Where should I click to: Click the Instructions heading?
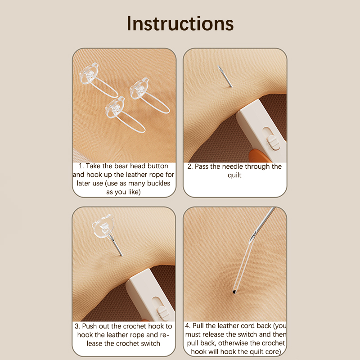pyautogui.click(x=180, y=24)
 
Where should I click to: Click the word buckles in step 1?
pyautogui.click(x=159, y=183)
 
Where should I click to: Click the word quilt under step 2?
pyautogui.click(x=234, y=175)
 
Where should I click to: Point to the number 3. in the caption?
pyautogui.click(x=77, y=326)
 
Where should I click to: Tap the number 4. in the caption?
pyautogui.click(x=188, y=326)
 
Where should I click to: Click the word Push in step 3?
pyautogui.click(x=90, y=326)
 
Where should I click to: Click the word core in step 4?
pyautogui.click(x=271, y=352)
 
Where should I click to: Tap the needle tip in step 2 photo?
pyautogui.click(x=218, y=66)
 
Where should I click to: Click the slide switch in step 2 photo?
pyautogui.click(x=274, y=142)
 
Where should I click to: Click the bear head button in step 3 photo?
pyautogui.click(x=103, y=226)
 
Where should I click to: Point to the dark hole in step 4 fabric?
pyautogui.click(x=234, y=292)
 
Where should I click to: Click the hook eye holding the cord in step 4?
pyautogui.click(x=253, y=237)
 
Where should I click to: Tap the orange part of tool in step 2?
pyautogui.click(x=260, y=156)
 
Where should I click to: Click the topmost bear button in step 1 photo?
pyautogui.click(x=89, y=73)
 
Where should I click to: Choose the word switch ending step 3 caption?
pyautogui.click(x=149, y=343)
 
